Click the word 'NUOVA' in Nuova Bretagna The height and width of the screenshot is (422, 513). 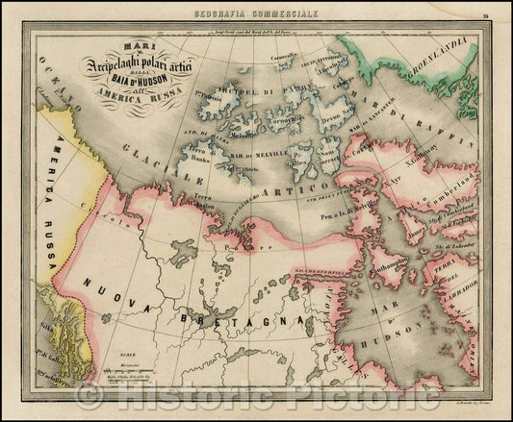coord(108,287)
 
